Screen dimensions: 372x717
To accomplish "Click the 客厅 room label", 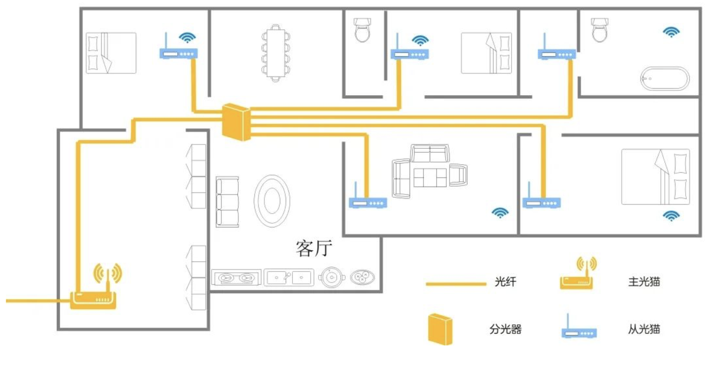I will click(x=314, y=249).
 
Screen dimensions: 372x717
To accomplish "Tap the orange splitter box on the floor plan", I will click(x=236, y=122).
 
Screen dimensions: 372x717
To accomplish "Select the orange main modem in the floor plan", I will click(x=93, y=300).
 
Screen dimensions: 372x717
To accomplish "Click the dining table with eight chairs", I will click(x=276, y=53).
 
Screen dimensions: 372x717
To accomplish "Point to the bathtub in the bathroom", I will click(x=665, y=79).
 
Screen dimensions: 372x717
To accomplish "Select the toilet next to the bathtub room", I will click(x=599, y=29).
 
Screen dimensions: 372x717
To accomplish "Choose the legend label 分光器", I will click(x=505, y=329).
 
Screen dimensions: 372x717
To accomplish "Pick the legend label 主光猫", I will click(x=644, y=282).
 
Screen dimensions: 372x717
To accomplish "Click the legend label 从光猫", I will click(x=644, y=329).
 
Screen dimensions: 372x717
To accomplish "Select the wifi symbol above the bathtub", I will click(x=671, y=32).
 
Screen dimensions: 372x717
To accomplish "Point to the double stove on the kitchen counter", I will click(x=236, y=278).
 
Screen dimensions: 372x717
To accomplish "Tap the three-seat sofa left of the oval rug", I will click(x=227, y=202).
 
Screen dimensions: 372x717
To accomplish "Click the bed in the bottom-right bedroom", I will click(x=655, y=176).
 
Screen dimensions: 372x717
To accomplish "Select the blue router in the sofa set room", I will click(x=368, y=202).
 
